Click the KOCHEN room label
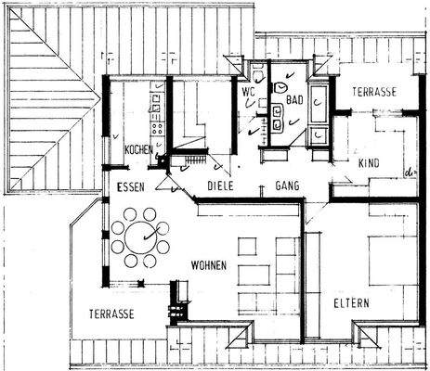pyautogui.click(x=138, y=150)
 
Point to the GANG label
pyautogui.click(x=287, y=186)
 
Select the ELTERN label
pyautogui.click(x=352, y=303)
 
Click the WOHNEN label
pyautogui.click(x=209, y=265)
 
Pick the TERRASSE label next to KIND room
pyautogui.click(x=373, y=94)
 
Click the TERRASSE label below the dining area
pyautogui.click(x=113, y=313)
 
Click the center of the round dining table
pyautogui.click(x=142, y=234)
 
